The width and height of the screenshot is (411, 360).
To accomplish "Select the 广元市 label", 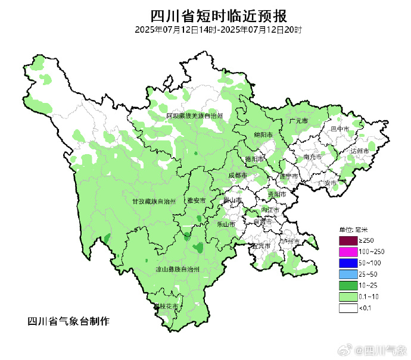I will coord(298,121).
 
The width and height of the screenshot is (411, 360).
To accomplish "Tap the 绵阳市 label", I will coord(263,135).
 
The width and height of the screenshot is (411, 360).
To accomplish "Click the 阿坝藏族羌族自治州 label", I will coord(194,115).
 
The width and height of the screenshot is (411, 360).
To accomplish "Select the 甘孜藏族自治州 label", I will coord(154,202).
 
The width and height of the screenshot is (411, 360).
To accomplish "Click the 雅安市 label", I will coord(196,201).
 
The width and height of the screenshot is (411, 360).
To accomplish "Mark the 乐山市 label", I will coord(226,224).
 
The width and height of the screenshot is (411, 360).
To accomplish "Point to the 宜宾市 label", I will coord(262,246).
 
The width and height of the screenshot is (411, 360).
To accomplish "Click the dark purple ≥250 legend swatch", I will coord(348,240).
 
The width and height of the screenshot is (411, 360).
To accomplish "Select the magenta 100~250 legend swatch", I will coord(348,252).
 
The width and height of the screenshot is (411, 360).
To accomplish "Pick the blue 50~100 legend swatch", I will coord(348,263).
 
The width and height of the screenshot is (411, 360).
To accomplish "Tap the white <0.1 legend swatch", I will coord(348,308).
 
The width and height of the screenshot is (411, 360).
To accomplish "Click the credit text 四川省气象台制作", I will coord(68,321).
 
